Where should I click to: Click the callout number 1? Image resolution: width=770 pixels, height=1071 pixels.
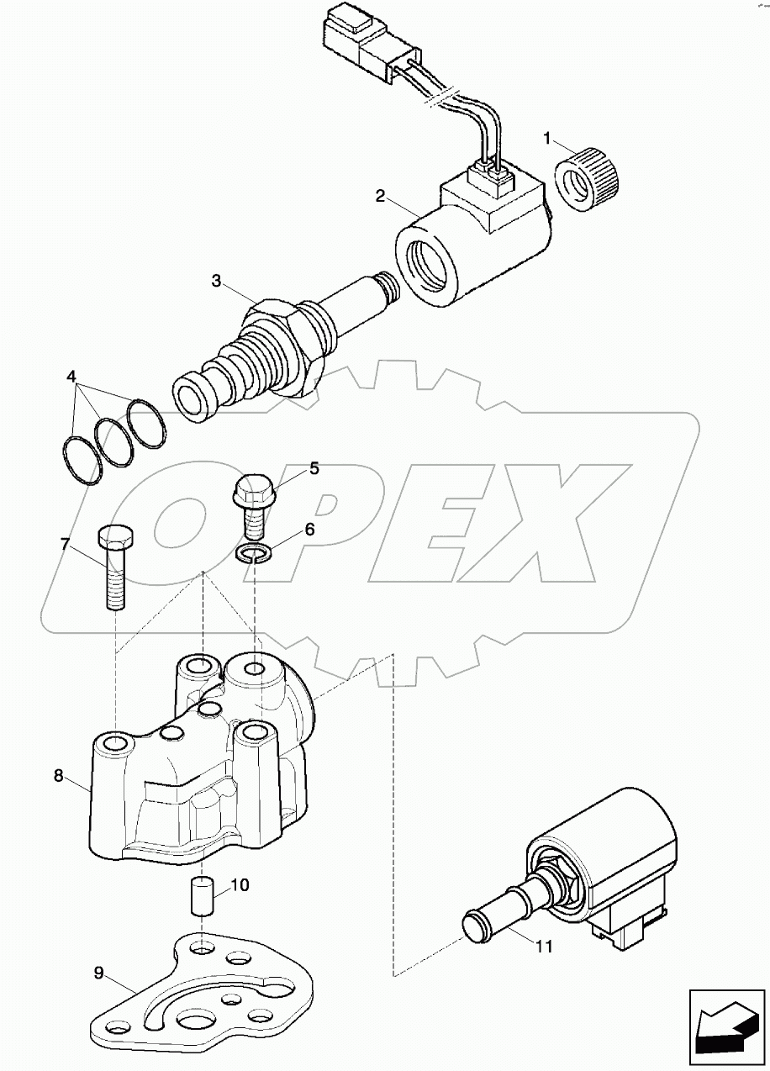546,136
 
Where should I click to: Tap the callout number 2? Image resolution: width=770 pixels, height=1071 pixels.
380,197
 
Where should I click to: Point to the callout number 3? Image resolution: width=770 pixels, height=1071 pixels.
217,281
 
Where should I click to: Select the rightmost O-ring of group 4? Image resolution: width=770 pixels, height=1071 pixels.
146,425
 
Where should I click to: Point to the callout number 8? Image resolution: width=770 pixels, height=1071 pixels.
58,775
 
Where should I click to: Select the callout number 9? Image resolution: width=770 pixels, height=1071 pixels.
98,973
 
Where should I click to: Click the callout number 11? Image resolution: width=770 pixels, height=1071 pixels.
544,947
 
